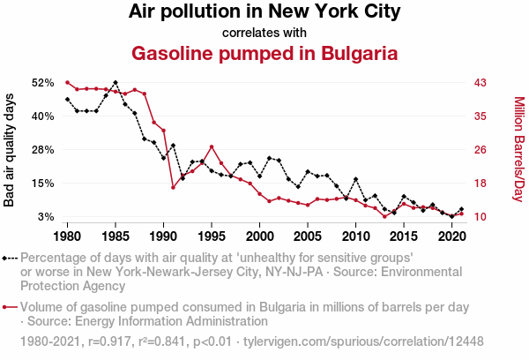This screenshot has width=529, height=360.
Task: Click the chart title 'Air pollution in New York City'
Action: tap(264, 12)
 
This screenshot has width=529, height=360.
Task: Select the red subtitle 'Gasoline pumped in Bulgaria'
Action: tap(264, 53)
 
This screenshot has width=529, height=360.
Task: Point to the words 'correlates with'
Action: tap(264, 33)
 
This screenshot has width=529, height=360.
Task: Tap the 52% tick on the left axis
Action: tap(43, 82)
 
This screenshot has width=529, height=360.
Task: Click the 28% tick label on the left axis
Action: tap(43, 149)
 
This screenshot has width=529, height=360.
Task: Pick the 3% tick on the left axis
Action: tap(47, 216)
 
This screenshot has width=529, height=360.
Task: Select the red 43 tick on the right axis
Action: tap(481, 82)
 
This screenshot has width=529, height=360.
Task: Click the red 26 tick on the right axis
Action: tap(481, 149)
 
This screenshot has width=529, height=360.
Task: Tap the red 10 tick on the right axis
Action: tap(481, 216)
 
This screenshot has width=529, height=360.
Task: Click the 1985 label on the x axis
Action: tap(115, 236)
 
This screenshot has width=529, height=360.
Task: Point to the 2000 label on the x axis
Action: tap(259, 236)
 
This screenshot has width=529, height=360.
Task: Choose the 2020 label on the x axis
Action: tap(451, 236)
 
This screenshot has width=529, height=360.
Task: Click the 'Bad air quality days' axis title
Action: tap(11, 149)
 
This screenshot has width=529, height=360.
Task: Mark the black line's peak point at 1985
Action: tap(115, 82)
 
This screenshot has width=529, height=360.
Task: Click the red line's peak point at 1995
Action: tap(212, 146)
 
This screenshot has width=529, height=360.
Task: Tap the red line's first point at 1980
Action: tap(68, 82)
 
